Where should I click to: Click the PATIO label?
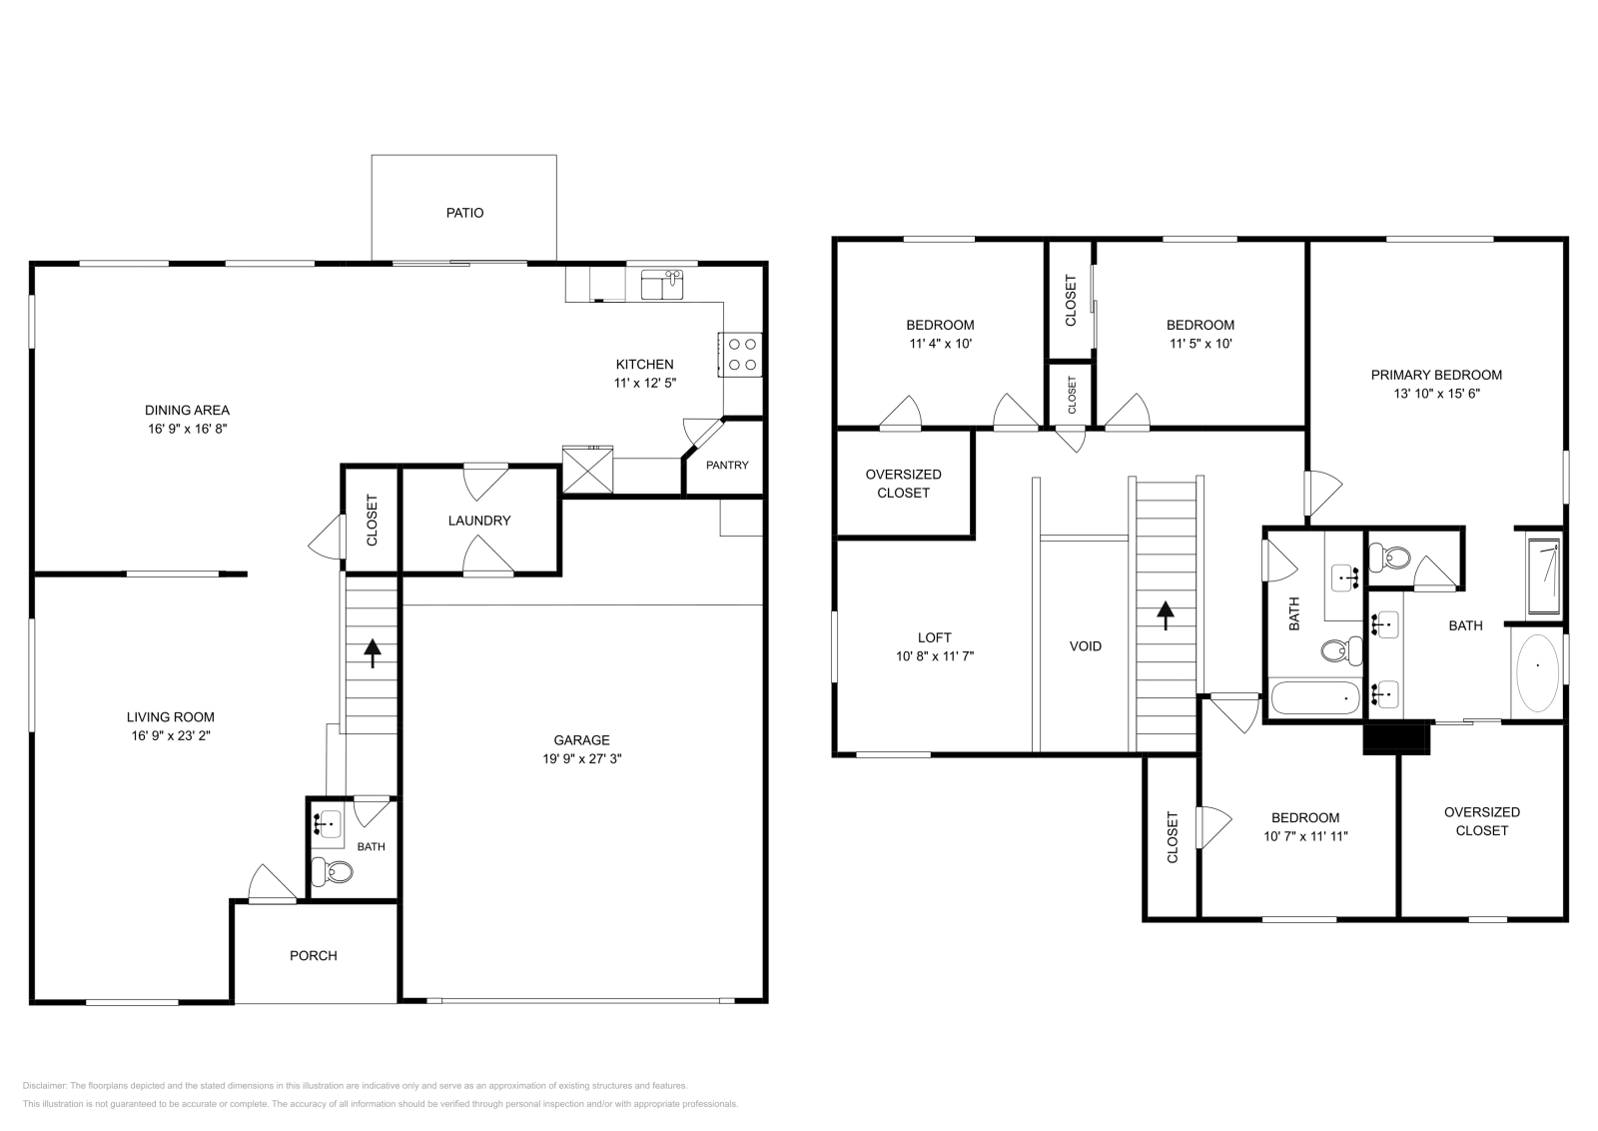[x=464, y=213]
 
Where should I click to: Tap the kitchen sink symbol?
[x=662, y=284]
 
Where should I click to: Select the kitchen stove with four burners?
[x=741, y=354]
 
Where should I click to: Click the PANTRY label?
[x=726, y=465]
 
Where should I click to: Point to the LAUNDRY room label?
[x=478, y=521]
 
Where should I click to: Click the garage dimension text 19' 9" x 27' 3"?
[x=581, y=758]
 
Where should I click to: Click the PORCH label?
[x=313, y=955]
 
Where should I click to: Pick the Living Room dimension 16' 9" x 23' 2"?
[x=170, y=735]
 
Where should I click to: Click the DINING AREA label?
[x=187, y=410]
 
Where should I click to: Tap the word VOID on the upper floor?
[x=1085, y=646]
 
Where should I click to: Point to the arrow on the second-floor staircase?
[x=1165, y=614]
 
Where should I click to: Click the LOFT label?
[x=934, y=637]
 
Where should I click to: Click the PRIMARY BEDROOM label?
[x=1435, y=375]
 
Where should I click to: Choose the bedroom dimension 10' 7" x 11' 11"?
[x=1305, y=836]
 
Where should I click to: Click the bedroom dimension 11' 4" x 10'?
[x=940, y=344]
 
